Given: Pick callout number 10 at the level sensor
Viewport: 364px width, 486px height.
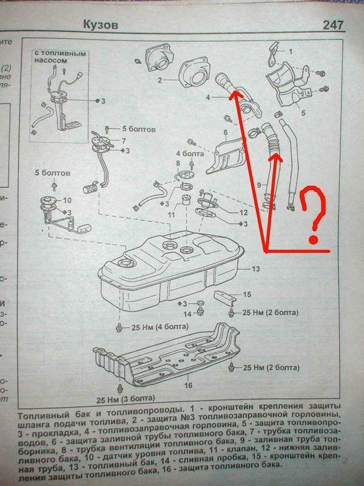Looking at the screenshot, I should click(67, 200).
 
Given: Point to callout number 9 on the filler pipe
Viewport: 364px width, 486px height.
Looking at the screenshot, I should click(258, 185).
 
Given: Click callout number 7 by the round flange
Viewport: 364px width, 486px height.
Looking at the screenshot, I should click(123, 140).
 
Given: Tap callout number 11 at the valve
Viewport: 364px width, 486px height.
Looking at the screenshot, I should click(172, 214).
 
